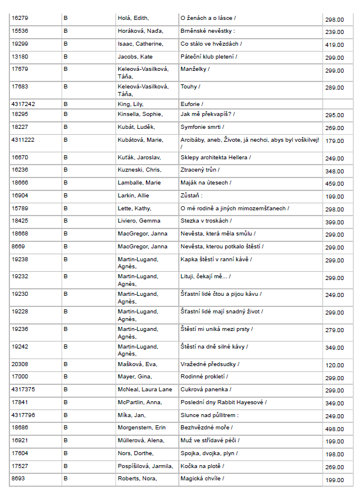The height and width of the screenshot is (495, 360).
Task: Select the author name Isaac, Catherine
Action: click(x=140, y=44)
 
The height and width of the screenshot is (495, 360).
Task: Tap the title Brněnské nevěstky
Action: click(x=208, y=31)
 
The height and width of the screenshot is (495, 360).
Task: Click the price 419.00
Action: click(x=334, y=45)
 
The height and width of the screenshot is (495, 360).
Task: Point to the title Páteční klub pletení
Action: click(x=208, y=57)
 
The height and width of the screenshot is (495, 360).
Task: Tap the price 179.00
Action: click(x=334, y=141)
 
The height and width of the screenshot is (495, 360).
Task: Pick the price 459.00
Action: click(x=334, y=184)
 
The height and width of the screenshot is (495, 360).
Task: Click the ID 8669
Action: click(x=18, y=247)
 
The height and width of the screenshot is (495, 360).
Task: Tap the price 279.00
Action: click(x=334, y=330)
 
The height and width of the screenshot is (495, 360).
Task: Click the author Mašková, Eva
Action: click(x=137, y=364)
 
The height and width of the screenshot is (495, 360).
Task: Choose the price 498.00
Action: click(x=334, y=429)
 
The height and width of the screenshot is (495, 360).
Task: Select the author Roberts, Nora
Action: click(x=137, y=479)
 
